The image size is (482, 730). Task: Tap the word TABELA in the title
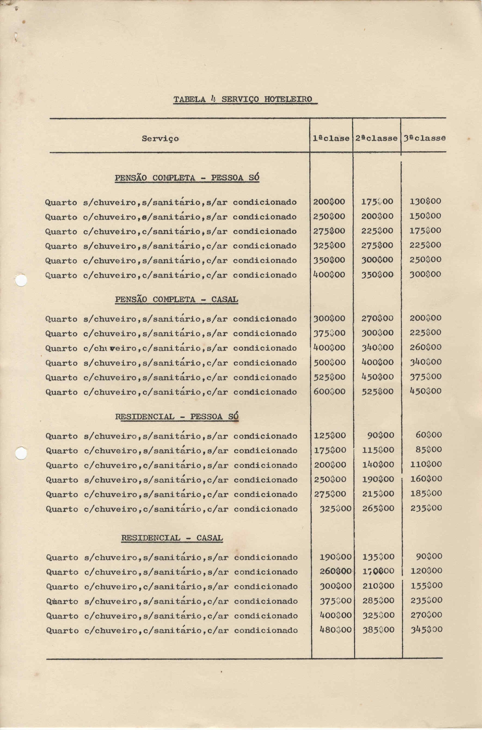point(189,100)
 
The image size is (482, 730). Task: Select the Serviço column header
point(160,139)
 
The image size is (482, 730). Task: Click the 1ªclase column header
point(331,138)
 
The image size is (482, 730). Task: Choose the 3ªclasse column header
point(424,138)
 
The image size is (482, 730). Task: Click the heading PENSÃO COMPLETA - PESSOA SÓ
point(187,178)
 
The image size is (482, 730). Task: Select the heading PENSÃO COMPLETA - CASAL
point(176,299)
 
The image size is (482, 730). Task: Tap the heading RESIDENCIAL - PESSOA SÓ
point(177,416)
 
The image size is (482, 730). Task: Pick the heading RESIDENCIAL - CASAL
point(172,538)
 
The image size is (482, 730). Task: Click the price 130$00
point(425,202)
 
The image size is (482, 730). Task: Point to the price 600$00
point(329,392)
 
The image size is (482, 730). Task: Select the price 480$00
point(335,629)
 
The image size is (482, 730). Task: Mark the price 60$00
point(428,435)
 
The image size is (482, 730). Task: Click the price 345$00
point(426,629)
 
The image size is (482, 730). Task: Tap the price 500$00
point(329,362)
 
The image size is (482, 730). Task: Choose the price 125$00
point(330,436)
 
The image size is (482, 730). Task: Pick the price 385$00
point(378,629)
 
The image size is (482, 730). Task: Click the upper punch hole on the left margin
point(21,280)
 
